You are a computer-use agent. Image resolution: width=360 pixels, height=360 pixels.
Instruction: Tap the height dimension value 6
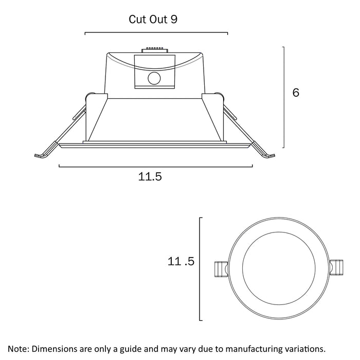[295, 93]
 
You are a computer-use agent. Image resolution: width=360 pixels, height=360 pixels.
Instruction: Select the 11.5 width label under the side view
[150, 177]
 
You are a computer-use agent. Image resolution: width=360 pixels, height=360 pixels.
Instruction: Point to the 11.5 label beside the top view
[181, 262]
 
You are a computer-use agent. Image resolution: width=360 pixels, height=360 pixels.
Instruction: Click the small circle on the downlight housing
[154, 79]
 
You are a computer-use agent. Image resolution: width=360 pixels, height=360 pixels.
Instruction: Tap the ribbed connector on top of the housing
[154, 50]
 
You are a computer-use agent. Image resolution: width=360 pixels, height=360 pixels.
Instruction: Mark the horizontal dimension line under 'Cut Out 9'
[156, 33]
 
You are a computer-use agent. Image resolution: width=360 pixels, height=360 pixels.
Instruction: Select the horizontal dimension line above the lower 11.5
[156, 166]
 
